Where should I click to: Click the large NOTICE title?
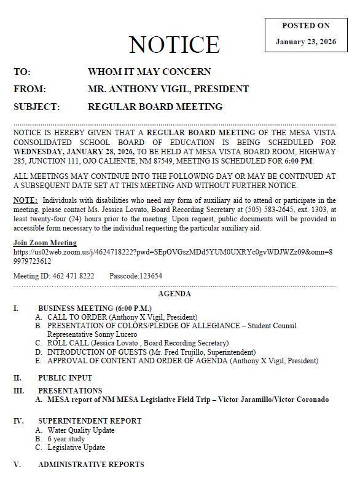(x=174, y=45)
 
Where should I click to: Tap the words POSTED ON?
(x=305, y=26)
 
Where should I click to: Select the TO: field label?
(x=22, y=72)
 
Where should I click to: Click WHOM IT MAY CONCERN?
(x=149, y=72)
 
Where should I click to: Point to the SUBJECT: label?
(x=37, y=107)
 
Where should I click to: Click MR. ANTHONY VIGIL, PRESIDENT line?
(x=168, y=89)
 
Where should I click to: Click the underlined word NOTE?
(x=25, y=200)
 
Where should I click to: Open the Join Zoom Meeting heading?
(x=45, y=243)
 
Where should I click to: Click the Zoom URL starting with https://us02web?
(x=173, y=252)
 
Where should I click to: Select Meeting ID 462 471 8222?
(x=53, y=276)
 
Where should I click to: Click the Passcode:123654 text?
(x=136, y=276)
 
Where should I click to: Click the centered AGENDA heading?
(x=174, y=294)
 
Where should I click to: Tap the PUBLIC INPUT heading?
(x=65, y=378)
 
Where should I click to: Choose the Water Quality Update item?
(x=80, y=430)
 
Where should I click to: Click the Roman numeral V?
(x=17, y=465)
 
